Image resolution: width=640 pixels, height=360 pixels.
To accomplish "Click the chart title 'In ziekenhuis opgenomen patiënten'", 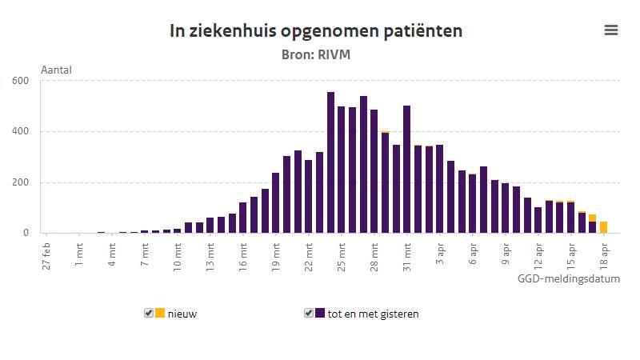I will click(x=316, y=31).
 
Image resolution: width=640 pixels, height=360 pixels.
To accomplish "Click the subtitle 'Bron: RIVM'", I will click(x=316, y=55).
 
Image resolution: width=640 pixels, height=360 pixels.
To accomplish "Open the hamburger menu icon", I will click(x=611, y=30).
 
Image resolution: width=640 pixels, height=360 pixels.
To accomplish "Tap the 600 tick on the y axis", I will click(x=20, y=80).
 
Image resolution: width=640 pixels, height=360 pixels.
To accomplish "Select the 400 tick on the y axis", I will click(x=20, y=131).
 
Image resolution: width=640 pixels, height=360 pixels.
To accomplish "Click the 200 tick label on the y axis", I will click(x=20, y=182).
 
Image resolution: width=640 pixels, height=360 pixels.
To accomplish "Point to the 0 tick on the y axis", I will click(x=26, y=233).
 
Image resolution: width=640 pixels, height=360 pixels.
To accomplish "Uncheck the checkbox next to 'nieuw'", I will click(x=149, y=313).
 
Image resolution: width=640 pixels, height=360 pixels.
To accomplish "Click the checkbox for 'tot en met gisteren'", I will click(x=309, y=313).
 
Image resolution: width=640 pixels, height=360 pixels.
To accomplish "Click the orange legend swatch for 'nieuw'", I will click(x=160, y=313).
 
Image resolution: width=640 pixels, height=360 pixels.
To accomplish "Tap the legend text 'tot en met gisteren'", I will click(x=373, y=314).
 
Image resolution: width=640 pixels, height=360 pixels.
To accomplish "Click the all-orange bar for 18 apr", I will click(x=603, y=227).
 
